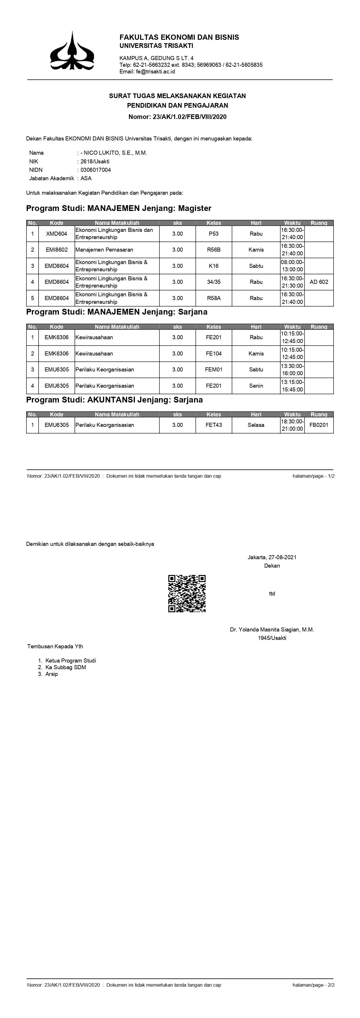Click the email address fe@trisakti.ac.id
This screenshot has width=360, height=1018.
[147, 71]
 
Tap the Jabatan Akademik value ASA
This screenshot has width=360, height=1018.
[86, 178]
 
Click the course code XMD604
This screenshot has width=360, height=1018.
[57, 234]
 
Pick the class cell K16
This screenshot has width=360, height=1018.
[214, 266]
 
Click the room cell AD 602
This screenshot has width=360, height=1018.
[319, 282]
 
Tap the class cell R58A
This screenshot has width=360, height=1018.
[214, 298]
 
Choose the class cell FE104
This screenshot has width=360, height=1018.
[214, 353]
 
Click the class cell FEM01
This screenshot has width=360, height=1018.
[214, 369]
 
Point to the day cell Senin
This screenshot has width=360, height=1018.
[256, 386]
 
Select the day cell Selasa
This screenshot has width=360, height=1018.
[256, 425]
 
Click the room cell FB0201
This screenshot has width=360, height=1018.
[319, 425]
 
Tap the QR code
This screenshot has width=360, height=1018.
[187, 593]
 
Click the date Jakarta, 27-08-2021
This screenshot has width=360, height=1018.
[272, 557]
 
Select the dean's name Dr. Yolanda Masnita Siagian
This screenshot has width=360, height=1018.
[272, 629]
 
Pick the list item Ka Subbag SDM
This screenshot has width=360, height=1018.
[66, 667]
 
